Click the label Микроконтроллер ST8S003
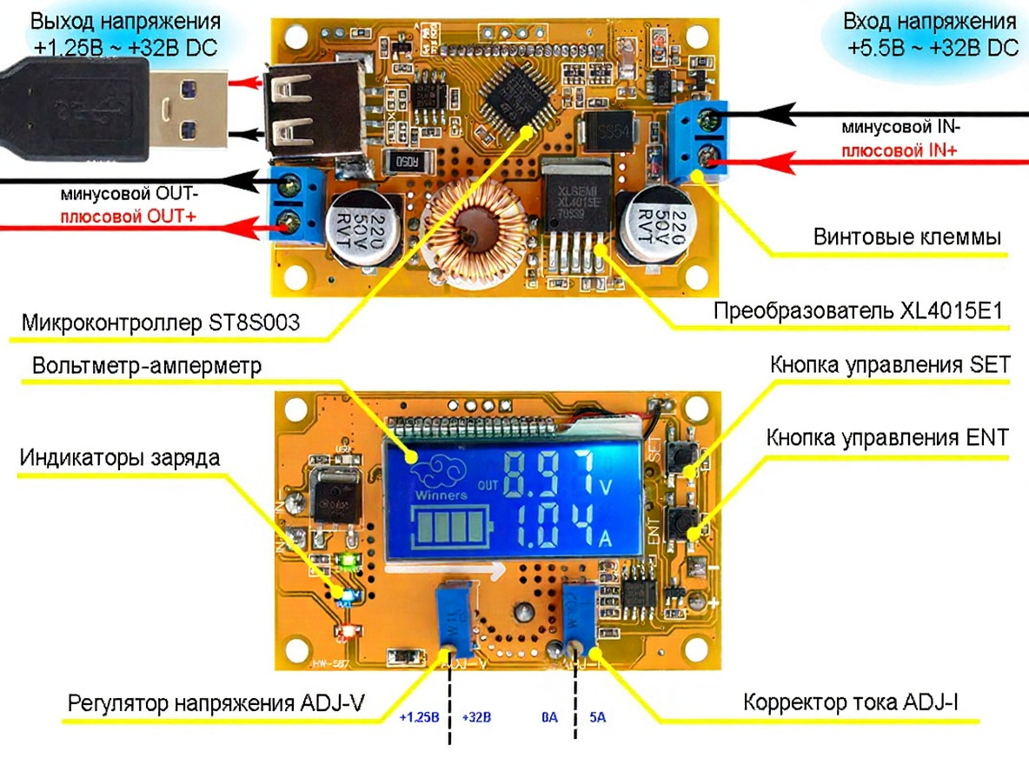pos(161,323)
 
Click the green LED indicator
pos(349,562)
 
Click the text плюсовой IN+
pos(899,150)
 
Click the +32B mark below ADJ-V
pos(477,718)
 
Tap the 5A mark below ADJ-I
pos(598,718)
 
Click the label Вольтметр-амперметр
pos(146,366)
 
